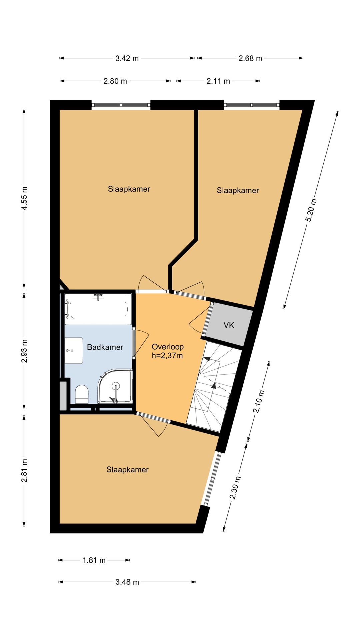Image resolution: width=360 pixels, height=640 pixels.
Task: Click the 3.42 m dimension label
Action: tap(127, 58)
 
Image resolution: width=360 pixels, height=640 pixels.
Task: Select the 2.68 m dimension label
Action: tap(250, 58)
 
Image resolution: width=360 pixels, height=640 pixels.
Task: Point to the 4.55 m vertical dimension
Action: tap(24, 198)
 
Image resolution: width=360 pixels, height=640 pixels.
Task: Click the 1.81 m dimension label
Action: tap(94, 560)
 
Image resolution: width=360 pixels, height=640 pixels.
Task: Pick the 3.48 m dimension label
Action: tap(127, 582)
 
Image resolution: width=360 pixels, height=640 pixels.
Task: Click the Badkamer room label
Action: tap(105, 347)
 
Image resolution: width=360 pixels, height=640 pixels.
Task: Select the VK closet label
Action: tap(229, 325)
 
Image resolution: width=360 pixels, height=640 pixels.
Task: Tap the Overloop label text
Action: tap(168, 347)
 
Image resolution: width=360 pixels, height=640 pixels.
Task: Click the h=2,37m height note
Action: tap(167, 356)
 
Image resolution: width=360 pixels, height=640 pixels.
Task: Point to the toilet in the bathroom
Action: tap(82, 394)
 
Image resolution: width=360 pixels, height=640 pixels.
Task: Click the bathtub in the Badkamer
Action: tap(98, 309)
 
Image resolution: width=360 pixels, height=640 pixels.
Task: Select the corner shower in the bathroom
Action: tap(115, 388)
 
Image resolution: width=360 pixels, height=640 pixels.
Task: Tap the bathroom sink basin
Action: tap(74, 350)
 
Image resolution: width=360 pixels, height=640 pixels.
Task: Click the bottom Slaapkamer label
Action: tap(127, 469)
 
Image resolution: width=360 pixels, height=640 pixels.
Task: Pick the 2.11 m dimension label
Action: tap(218, 81)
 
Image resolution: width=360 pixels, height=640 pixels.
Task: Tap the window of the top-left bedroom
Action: tap(121, 105)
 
